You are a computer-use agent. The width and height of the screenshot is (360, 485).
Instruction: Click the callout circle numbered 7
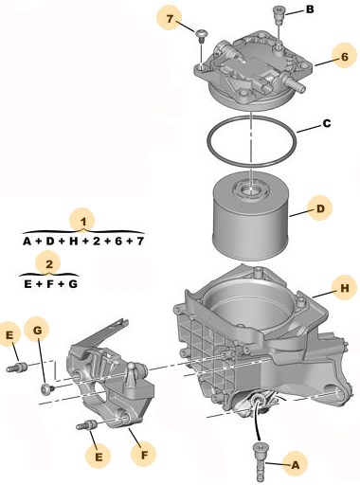coord(170,19)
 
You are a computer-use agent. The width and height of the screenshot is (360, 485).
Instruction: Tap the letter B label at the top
coord(310,9)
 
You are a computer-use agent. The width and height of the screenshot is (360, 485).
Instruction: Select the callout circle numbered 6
coord(345,57)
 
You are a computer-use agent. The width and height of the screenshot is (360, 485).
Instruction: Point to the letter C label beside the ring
coord(327,123)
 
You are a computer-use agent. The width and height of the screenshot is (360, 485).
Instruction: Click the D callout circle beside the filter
coord(320,208)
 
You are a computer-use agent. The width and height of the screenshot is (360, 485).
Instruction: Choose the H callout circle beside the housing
coord(345,288)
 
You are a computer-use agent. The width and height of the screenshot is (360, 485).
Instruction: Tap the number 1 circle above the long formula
coord(83,222)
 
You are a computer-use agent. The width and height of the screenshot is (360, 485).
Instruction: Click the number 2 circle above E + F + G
coord(49,264)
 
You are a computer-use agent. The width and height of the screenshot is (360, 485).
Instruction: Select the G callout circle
coord(37,331)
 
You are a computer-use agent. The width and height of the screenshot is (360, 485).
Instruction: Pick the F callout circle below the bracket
coord(144,455)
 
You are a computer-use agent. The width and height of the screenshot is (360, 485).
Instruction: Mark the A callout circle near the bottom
coord(295,464)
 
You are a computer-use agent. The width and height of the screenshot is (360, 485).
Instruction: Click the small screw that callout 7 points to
coord(201,36)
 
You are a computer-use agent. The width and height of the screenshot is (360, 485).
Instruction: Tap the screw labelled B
coord(279,15)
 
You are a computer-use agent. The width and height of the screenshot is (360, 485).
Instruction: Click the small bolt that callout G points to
coord(46,388)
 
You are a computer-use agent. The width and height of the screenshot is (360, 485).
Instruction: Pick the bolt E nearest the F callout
coord(85,425)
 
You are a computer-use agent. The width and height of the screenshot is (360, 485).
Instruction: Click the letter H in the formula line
coord(73,242)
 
